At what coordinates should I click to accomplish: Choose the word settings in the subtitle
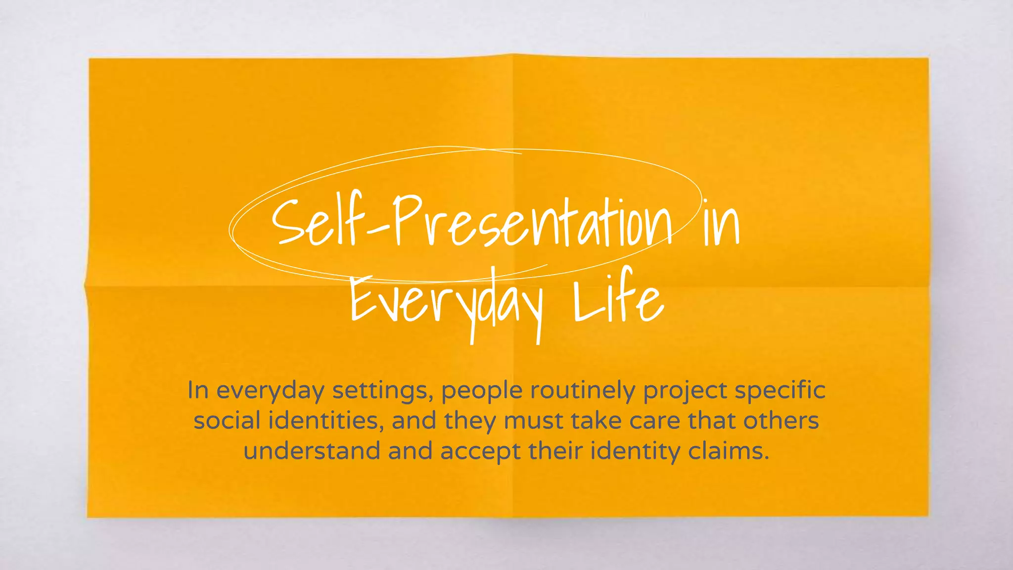point(382,391)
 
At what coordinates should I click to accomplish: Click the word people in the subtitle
point(482,391)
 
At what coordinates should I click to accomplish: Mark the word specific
point(780,391)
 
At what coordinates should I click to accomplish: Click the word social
point(227,421)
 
